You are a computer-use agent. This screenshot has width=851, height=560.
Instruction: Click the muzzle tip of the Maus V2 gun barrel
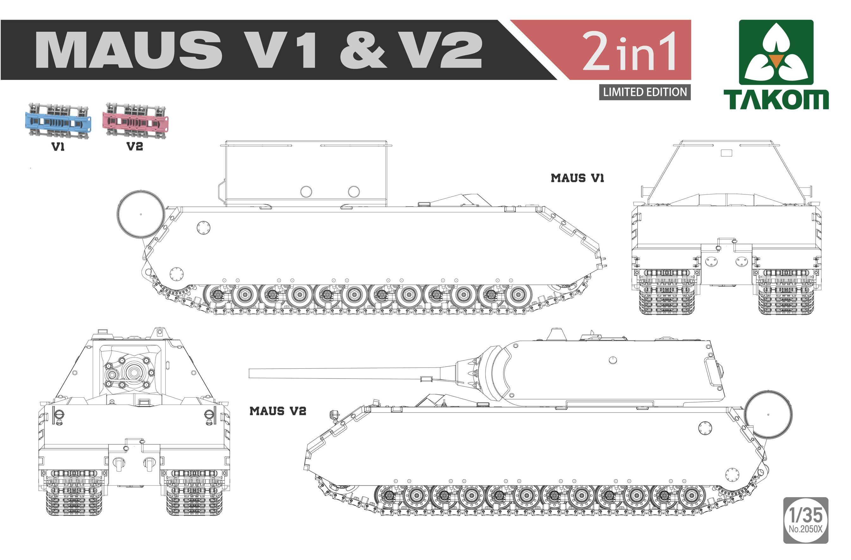click(249, 373)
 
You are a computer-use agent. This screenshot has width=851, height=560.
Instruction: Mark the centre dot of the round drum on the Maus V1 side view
click(141, 214)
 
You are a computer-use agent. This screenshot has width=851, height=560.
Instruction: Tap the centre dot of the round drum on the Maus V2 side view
click(768, 415)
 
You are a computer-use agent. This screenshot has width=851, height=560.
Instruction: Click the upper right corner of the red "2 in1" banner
click(691, 20)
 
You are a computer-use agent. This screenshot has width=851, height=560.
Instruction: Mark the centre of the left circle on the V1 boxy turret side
click(306, 191)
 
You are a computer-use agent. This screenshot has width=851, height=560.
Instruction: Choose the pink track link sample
click(136, 120)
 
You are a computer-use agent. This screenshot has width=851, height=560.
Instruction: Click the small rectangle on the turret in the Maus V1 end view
click(726, 153)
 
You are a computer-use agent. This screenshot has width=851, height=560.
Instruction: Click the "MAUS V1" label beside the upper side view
click(577, 178)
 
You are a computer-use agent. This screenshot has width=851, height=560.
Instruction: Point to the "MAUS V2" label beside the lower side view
click(278, 411)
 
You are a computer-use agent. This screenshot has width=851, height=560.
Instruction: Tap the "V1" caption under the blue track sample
click(58, 147)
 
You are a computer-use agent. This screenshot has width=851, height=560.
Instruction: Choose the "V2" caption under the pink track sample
click(135, 146)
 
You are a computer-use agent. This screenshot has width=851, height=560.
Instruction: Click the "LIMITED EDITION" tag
click(645, 92)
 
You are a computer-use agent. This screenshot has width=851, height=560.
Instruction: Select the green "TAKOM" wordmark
click(776, 99)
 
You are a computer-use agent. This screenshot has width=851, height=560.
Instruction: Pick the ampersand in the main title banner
click(363, 50)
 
